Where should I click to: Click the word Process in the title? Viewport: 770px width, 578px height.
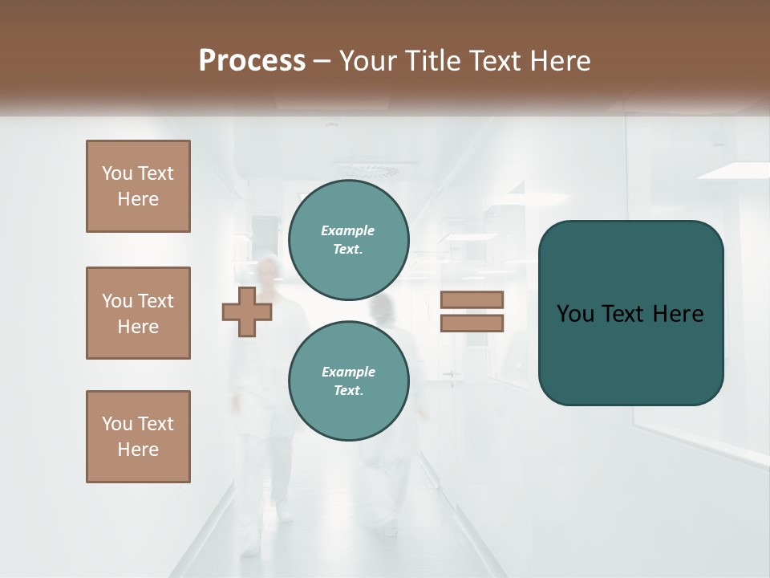(252, 61)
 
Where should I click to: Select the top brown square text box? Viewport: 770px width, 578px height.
(138, 186)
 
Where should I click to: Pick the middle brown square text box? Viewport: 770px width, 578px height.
(138, 313)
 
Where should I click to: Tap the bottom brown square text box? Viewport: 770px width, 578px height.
(138, 437)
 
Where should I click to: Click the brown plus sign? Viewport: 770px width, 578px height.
(246, 312)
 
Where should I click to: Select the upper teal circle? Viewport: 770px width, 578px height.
(348, 240)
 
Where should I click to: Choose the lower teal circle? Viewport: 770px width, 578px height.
(348, 381)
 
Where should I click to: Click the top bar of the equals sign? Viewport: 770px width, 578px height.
(472, 299)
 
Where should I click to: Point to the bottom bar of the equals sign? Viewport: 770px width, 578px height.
(472, 324)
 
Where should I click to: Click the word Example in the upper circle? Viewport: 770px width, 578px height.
(347, 230)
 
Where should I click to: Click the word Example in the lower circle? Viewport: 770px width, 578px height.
(348, 372)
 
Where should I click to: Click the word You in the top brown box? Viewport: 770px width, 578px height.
(117, 173)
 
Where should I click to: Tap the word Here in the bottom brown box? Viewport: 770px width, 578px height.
(138, 450)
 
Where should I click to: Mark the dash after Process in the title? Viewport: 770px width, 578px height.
(322, 61)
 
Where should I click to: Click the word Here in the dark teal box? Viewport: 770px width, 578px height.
(678, 314)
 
